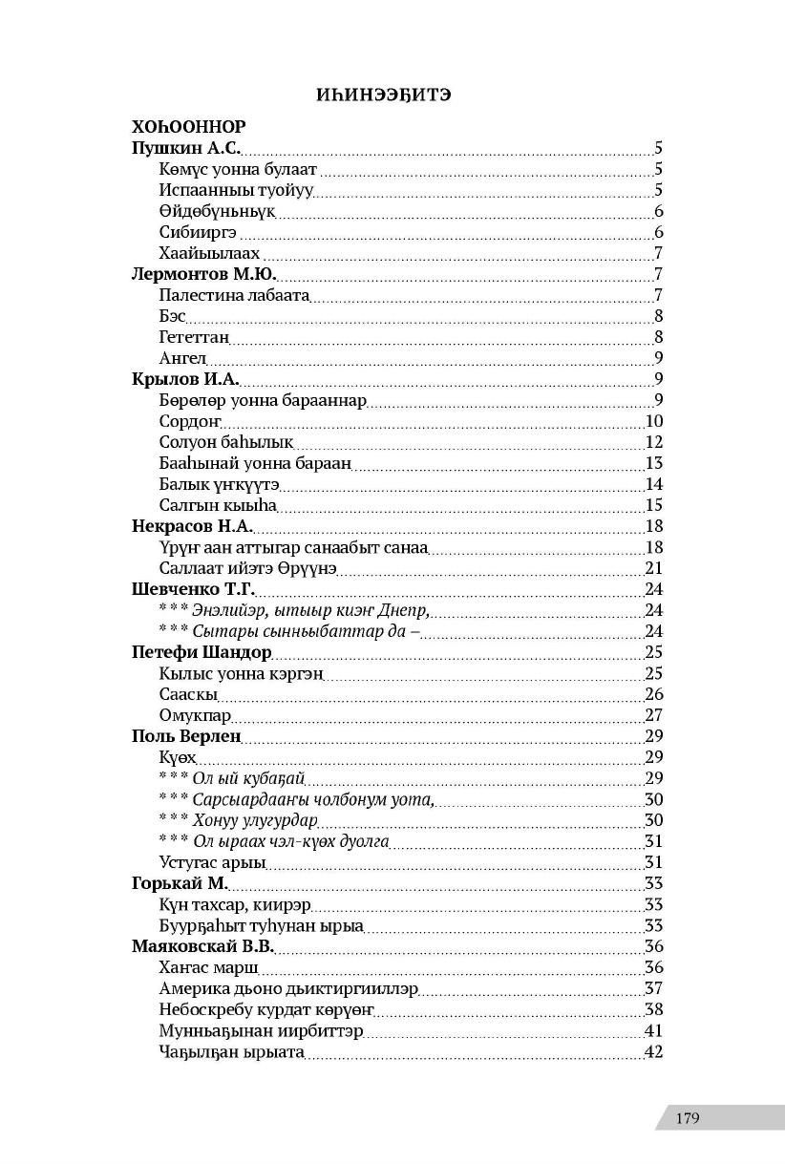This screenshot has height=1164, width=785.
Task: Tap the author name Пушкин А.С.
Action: pyautogui.click(x=185, y=148)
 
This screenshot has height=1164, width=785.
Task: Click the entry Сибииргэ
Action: pyautogui.click(x=199, y=232)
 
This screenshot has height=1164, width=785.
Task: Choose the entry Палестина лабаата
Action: pyautogui.click(x=235, y=295)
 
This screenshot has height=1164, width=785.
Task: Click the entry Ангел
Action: pyautogui.click(x=183, y=358)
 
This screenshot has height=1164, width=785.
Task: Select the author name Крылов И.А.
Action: pyautogui.click(x=185, y=379)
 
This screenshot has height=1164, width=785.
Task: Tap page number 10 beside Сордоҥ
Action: pyautogui.click(x=654, y=421)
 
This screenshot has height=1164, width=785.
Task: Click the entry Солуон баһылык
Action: pyautogui.click(x=226, y=442)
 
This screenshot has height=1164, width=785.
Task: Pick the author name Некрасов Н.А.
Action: pyautogui.click(x=192, y=526)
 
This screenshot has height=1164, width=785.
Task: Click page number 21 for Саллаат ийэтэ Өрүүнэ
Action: pyautogui.click(x=654, y=568)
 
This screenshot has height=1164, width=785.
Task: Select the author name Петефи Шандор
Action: pyautogui.click(x=202, y=653)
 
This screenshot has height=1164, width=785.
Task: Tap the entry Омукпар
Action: pyautogui.click(x=196, y=715)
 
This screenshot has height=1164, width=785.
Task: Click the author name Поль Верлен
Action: pyautogui.click(x=185, y=736)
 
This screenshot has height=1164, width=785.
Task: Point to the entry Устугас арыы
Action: pyautogui.click(x=212, y=863)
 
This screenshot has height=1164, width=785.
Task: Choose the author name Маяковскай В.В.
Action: pyautogui.click(x=202, y=946)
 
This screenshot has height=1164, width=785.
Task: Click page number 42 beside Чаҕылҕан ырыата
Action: pyautogui.click(x=654, y=1051)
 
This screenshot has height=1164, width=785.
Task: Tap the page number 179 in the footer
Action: pyautogui.click(x=687, y=1118)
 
